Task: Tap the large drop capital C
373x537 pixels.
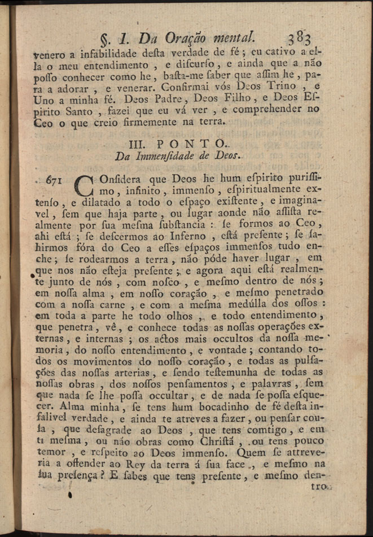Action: coord(84,184)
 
